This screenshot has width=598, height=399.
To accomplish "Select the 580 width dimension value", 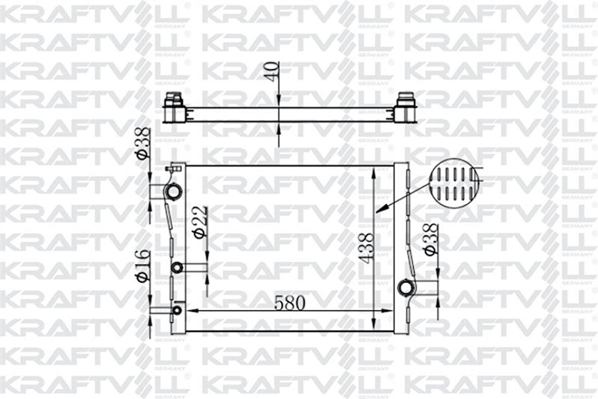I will (290, 303).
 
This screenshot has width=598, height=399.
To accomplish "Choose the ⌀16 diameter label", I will (142, 265).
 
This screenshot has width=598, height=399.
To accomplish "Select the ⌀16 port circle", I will (177, 310).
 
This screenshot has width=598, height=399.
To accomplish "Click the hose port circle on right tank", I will (406, 288).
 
